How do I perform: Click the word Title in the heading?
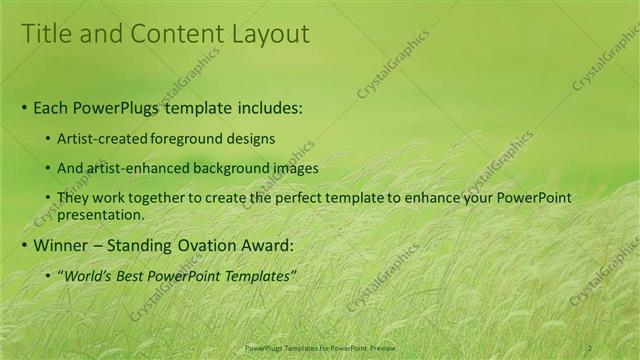(x=46, y=34)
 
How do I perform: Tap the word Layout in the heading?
(x=269, y=34)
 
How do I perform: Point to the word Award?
(x=266, y=246)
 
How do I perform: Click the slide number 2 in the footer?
(x=590, y=347)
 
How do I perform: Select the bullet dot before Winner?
(x=24, y=246)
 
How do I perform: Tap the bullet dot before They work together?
(x=48, y=198)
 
